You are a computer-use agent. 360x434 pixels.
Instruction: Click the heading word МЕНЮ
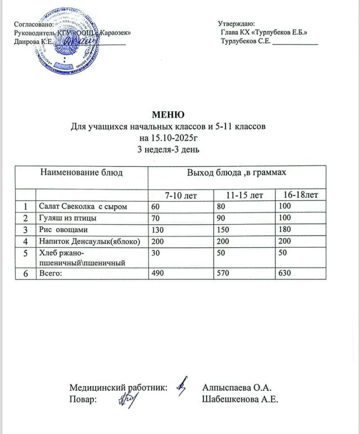coord(168,116)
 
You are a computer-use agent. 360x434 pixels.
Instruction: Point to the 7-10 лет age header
coord(181,195)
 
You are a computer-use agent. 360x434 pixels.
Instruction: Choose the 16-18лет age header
coord(301,195)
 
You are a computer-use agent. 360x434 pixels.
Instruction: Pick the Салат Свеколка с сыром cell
coord(81,207)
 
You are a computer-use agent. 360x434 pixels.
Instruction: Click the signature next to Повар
coord(128,399)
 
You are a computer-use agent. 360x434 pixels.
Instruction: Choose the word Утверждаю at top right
coord(236,24)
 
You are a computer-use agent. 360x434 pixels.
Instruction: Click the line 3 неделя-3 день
coord(169,150)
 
